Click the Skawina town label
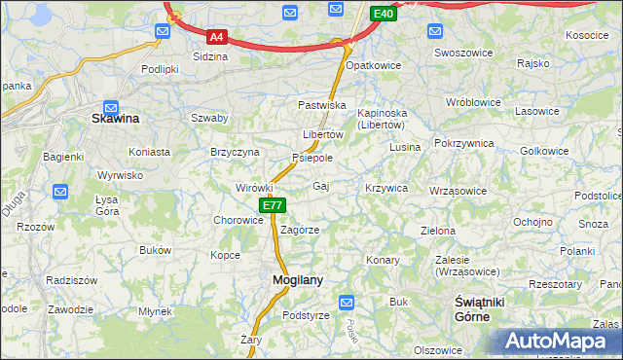point(115,119)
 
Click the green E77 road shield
point(273,205)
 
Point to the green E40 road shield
point(384,14)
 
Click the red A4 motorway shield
point(217,38)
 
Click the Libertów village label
point(323,134)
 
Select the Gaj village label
point(322,185)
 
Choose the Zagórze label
point(300,230)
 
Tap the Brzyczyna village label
point(235,152)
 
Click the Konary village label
point(384,260)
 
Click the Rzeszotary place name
point(555,284)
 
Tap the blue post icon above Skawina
point(111,108)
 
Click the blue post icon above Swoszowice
point(437,31)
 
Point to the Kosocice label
point(587,35)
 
